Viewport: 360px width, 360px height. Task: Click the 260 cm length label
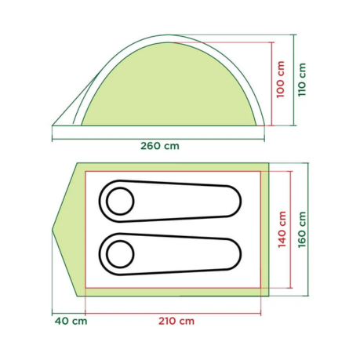(160, 146)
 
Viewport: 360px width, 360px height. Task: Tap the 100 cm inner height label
(280, 79)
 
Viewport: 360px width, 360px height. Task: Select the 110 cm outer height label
(302, 79)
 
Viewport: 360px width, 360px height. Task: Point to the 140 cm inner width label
(282, 230)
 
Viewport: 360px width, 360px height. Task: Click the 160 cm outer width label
(302, 230)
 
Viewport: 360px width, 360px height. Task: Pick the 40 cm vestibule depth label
(71, 321)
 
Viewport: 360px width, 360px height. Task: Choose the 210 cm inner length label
(176, 321)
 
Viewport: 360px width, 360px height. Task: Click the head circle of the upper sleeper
(120, 201)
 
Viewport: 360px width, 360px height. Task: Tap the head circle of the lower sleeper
(120, 254)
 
